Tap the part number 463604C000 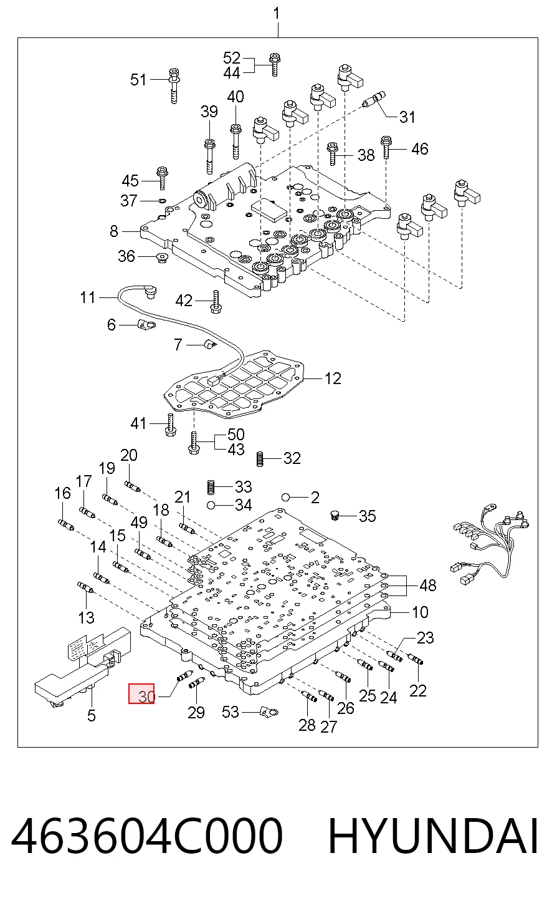(x=146, y=836)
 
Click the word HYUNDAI (x=433, y=836)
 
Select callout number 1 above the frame (x=277, y=14)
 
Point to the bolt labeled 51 (x=174, y=85)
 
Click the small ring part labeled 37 (x=163, y=200)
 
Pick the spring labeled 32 (x=260, y=459)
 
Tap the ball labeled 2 (x=286, y=497)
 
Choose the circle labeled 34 (x=210, y=505)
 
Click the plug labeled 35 (x=335, y=515)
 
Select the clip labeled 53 (x=269, y=711)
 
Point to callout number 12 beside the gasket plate (x=333, y=378)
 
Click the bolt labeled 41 (x=170, y=425)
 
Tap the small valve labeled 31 (x=374, y=99)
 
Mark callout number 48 (x=428, y=586)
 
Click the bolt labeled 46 (x=386, y=148)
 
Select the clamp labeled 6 (x=146, y=324)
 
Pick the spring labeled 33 (x=210, y=487)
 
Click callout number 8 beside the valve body (x=114, y=231)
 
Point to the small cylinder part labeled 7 (x=210, y=345)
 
